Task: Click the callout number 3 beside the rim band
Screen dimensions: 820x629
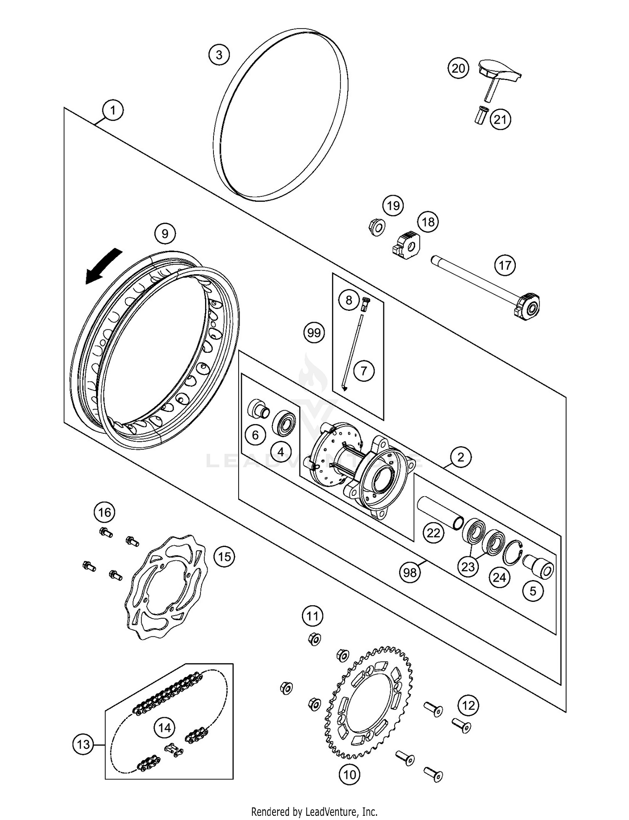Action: pos(219,55)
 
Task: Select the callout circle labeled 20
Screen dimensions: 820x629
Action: pos(458,68)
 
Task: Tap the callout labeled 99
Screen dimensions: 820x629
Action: pos(314,333)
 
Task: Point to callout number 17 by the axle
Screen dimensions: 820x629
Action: pos(505,265)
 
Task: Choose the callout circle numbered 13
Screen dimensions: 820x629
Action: pos(83,745)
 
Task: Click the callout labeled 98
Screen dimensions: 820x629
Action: pos(410,572)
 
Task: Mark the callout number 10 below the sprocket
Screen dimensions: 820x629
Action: pos(349,774)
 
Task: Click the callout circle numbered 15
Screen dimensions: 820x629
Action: pos(224,557)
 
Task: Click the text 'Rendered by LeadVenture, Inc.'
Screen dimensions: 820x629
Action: pos(314,811)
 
